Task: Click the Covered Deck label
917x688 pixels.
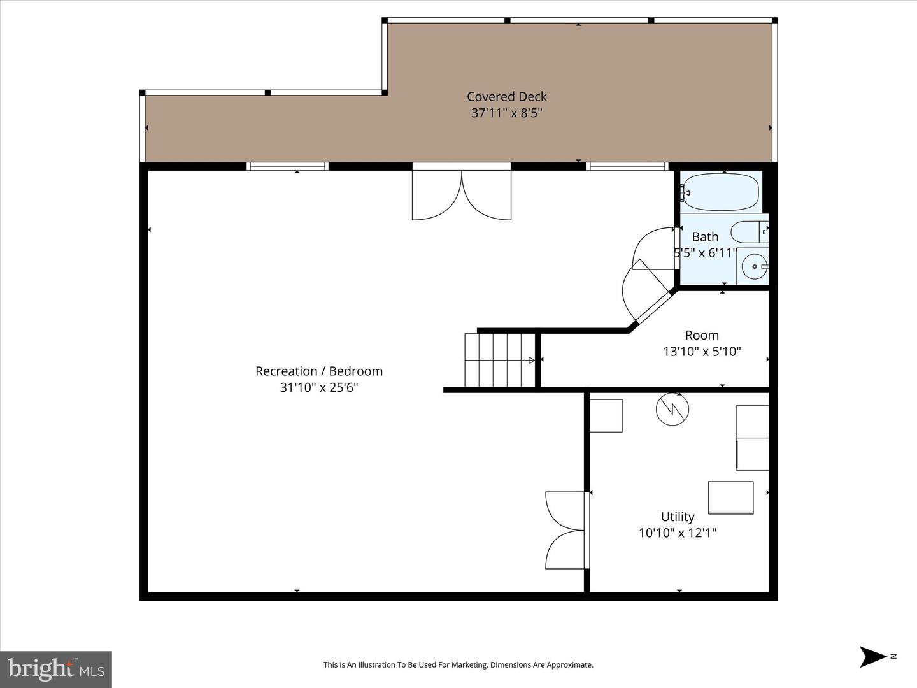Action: (x=506, y=97)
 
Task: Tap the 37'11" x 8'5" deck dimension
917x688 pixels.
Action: (x=506, y=113)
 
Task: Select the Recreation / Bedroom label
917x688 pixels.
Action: (x=319, y=371)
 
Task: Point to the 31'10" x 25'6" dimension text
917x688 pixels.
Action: (x=319, y=387)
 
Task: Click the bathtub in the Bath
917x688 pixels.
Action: (x=720, y=192)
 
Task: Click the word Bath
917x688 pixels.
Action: (x=705, y=237)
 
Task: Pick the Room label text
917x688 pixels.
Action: (x=702, y=335)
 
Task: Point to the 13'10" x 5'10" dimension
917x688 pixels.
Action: (x=702, y=352)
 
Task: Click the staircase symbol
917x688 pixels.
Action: (x=499, y=360)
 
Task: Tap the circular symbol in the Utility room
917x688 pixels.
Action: (x=672, y=409)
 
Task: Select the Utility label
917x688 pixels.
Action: (x=678, y=517)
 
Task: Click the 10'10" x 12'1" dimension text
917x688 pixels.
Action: (x=678, y=533)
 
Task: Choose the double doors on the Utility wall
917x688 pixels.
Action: (x=565, y=529)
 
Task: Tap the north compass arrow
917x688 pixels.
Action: (x=872, y=656)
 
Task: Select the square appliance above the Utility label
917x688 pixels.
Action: (x=730, y=498)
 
